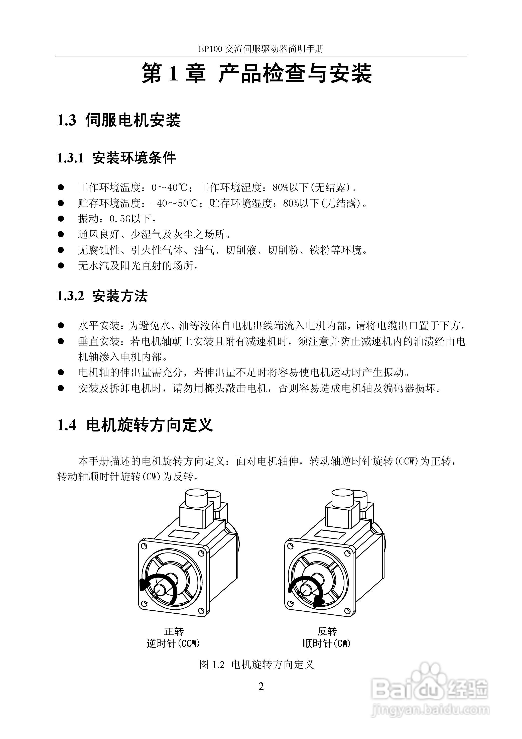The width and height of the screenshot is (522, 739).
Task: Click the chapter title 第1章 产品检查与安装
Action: tap(257, 73)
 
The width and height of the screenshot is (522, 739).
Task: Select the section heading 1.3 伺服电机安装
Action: tap(119, 120)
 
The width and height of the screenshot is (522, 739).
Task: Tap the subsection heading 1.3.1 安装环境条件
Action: tap(116, 158)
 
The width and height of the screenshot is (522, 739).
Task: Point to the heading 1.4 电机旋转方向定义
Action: tap(135, 425)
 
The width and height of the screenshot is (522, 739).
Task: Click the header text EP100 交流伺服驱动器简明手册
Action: tap(260, 49)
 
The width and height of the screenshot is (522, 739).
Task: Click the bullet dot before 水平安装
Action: tap(61, 325)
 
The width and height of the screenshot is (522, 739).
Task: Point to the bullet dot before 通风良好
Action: tap(61, 234)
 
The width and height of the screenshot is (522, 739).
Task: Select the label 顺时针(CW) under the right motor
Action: tap(326, 644)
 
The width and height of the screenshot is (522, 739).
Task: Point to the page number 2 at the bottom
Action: tap(261, 687)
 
